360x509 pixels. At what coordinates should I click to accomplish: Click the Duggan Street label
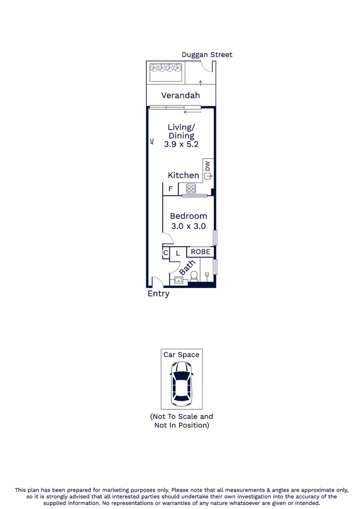[x=207, y=55]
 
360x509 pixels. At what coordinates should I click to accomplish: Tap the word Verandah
[x=180, y=95]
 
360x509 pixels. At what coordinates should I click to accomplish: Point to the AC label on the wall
[x=152, y=141]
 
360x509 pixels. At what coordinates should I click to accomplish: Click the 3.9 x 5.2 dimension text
[x=181, y=143]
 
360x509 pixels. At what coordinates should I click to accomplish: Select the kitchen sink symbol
[x=208, y=177]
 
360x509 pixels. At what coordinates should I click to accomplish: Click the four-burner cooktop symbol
[x=192, y=189]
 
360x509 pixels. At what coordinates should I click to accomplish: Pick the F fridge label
[x=170, y=189]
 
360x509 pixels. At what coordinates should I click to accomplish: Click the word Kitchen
[x=183, y=176]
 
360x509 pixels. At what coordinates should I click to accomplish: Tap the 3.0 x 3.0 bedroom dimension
[x=188, y=226]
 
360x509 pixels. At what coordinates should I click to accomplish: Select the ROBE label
[x=200, y=252]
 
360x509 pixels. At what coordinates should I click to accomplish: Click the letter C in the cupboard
[x=166, y=253]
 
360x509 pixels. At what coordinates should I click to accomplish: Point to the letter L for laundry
[x=177, y=253]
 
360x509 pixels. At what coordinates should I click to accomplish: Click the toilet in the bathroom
[x=194, y=276]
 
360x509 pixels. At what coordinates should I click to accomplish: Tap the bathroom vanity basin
[x=179, y=280]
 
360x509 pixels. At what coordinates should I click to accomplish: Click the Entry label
[x=158, y=294]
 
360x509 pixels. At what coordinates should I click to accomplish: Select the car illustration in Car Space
[x=181, y=383]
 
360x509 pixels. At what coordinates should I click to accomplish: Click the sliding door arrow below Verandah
[x=192, y=112]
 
